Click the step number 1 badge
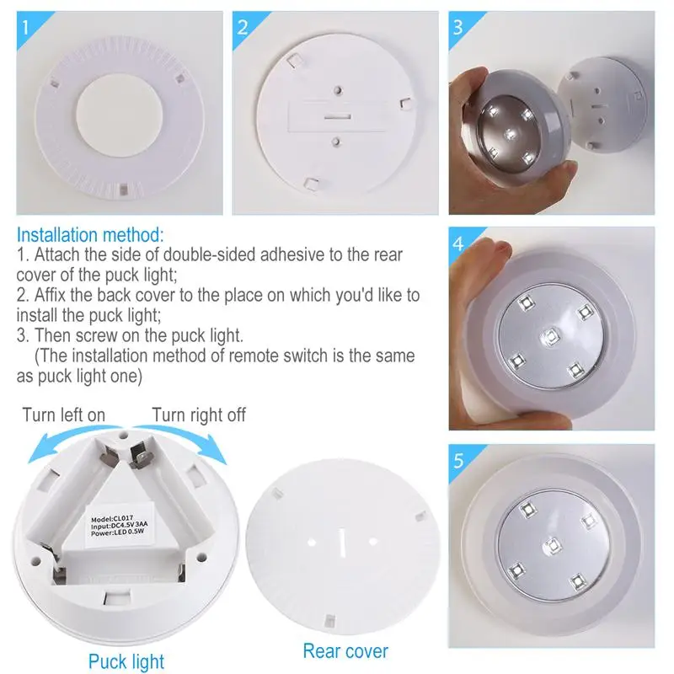click(x=27, y=27)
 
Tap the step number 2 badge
click(x=243, y=27)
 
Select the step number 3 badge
click(x=458, y=27)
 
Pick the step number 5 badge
click(x=458, y=460)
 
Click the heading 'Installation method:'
click(x=90, y=235)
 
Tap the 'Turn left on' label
click(x=64, y=415)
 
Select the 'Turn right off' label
click(x=199, y=415)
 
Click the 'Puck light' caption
click(x=126, y=661)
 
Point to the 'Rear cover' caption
click(x=345, y=650)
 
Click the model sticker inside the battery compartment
click(x=119, y=525)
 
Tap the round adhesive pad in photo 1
click(x=120, y=115)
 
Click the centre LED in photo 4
click(x=550, y=335)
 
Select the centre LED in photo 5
click(x=553, y=546)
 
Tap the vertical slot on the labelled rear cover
click(x=342, y=542)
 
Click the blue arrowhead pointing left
click(x=39, y=451)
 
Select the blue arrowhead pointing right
click(x=215, y=451)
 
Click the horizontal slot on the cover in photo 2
click(x=338, y=116)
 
